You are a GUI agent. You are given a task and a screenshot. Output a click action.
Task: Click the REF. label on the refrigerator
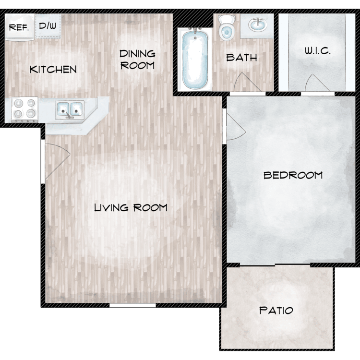tap(19, 27)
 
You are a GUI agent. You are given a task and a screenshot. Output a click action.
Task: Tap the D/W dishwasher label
tap(48, 25)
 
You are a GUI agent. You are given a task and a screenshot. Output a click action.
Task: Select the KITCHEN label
tap(53, 69)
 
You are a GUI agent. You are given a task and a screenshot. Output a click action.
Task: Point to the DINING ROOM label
tap(138, 60)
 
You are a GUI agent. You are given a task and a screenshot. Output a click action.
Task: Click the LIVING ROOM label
tap(131, 207)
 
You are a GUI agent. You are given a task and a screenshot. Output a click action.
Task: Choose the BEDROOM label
tap(293, 175)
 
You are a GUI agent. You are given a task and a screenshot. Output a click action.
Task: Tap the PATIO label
tap(276, 311)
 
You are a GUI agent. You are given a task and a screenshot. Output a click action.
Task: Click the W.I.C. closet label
tap(318, 51)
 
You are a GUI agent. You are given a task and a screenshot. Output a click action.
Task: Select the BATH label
tap(241, 58)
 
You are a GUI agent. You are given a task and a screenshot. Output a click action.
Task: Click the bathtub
tap(195, 59)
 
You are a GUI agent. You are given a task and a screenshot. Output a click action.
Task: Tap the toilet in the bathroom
tap(227, 27)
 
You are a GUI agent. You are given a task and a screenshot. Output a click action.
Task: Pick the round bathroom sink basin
tap(258, 24)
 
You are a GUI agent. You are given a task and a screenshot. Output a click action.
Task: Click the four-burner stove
tap(24, 110)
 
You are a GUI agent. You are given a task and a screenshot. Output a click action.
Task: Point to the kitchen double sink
tap(70, 109)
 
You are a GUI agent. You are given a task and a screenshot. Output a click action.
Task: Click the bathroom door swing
tap(247, 83)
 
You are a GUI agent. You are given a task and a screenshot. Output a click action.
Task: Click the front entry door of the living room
tap(58, 161)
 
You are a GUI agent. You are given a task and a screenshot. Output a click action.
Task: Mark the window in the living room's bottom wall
tap(132, 305)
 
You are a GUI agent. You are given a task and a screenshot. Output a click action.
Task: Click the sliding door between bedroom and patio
tap(275, 265)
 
